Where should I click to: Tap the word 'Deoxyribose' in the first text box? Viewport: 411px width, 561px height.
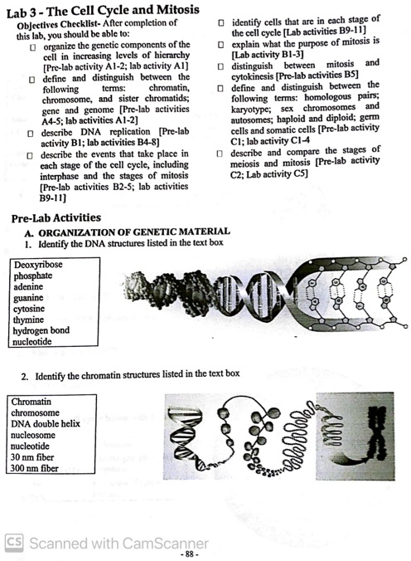tap(37, 265)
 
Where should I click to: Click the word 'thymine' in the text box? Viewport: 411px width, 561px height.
tap(29, 319)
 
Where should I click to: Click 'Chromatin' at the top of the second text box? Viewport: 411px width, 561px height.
tap(31, 402)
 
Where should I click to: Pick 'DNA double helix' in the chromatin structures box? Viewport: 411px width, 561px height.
tap(46, 424)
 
